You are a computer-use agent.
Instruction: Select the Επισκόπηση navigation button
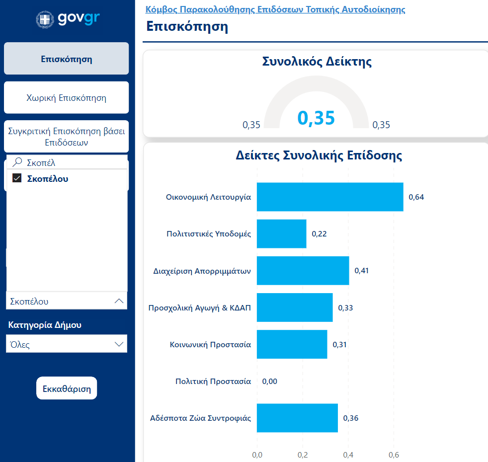pyautogui.click(x=66, y=59)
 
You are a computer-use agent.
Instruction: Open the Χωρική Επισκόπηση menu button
pyautogui.click(x=66, y=98)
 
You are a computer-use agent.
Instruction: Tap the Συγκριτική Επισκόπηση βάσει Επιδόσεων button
pyautogui.click(x=66, y=137)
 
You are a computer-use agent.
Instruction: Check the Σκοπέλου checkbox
pyautogui.click(x=17, y=178)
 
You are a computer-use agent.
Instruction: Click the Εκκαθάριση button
pyautogui.click(x=67, y=388)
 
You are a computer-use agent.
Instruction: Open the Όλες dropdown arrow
pyautogui.click(x=119, y=344)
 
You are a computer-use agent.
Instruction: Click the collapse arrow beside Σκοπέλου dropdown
pyautogui.click(x=119, y=301)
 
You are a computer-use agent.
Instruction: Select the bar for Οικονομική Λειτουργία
pyautogui.click(x=330, y=197)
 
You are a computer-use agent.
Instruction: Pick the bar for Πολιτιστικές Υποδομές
pyautogui.click(x=281, y=234)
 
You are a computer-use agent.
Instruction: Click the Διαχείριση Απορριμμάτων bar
pyautogui.click(x=303, y=271)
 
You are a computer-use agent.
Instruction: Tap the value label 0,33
pyautogui.click(x=345, y=308)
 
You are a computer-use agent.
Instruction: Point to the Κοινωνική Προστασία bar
pyautogui.click(x=292, y=344)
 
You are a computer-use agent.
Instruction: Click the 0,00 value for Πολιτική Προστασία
pyautogui.click(x=269, y=382)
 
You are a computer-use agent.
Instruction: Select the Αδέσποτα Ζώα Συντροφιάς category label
pyautogui.click(x=200, y=418)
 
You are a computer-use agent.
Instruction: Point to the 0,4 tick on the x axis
pyautogui.click(x=348, y=454)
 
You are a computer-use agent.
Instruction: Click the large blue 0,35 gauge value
pyautogui.click(x=316, y=118)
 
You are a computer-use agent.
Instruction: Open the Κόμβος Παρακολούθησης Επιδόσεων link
pyautogui.click(x=275, y=9)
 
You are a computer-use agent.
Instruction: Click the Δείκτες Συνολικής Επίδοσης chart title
pyautogui.click(x=319, y=155)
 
